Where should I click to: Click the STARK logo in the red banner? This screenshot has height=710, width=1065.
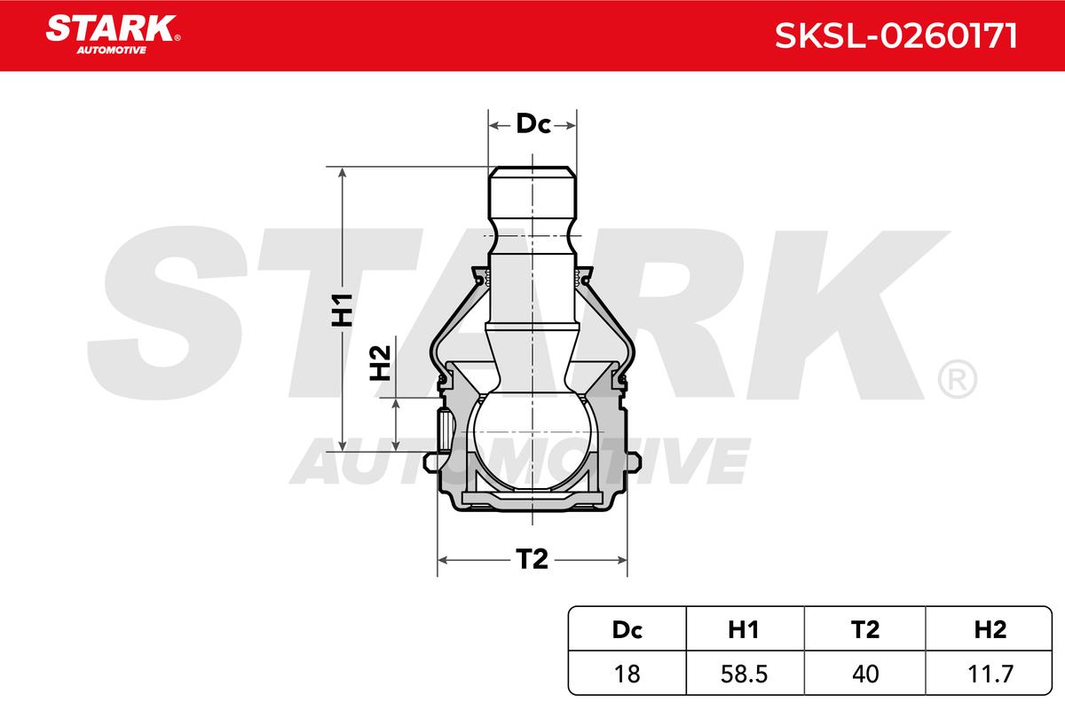(113, 35)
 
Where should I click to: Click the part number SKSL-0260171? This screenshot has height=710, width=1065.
(896, 35)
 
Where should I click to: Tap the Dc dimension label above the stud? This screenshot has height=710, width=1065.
(533, 123)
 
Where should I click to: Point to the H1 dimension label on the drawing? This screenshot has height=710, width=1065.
(343, 310)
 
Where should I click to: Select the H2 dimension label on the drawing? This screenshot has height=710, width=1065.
(381, 363)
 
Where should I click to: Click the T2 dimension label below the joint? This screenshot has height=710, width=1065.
(532, 559)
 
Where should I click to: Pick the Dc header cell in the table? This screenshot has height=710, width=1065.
(627, 629)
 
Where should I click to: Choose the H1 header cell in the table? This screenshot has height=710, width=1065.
(745, 629)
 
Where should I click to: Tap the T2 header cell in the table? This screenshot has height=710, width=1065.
(864, 629)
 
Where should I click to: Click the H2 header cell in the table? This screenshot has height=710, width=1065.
(989, 629)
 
